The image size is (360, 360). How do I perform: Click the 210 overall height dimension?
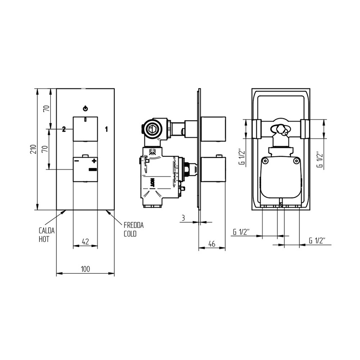33,149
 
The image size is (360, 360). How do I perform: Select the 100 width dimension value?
85,269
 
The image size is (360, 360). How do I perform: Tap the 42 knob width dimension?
85,241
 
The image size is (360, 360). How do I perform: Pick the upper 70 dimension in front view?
46,108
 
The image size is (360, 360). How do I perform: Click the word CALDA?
46,231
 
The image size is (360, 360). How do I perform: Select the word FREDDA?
133,226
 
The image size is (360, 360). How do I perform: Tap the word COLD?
130,234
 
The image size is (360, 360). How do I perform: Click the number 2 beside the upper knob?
64,129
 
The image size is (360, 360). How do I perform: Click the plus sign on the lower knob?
94,161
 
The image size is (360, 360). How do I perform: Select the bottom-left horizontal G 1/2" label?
241,232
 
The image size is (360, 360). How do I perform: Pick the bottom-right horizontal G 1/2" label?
317,241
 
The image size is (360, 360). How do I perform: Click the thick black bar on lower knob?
93,169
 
